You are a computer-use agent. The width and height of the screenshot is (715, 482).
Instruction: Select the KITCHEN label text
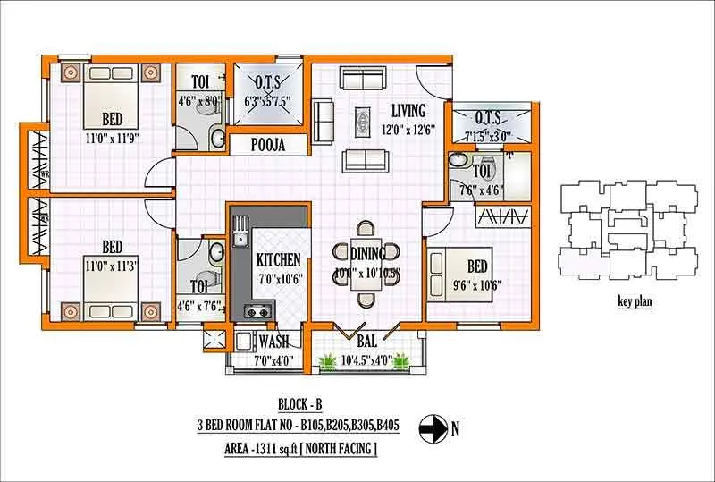click(x=278, y=260)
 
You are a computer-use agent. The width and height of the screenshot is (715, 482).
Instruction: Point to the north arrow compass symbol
click(x=432, y=429)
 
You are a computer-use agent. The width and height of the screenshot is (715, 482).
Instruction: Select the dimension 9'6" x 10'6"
click(x=476, y=285)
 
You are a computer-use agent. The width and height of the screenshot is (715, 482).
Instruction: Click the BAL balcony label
click(x=366, y=341)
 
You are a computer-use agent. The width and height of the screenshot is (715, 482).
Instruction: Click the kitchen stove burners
click(x=257, y=312)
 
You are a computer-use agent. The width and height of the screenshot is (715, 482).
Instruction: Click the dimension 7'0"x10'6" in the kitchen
click(x=278, y=277)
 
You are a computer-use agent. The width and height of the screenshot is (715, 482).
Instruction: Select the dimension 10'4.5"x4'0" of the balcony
click(x=366, y=361)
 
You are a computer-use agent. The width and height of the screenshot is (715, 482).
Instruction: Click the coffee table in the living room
click(x=363, y=119)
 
